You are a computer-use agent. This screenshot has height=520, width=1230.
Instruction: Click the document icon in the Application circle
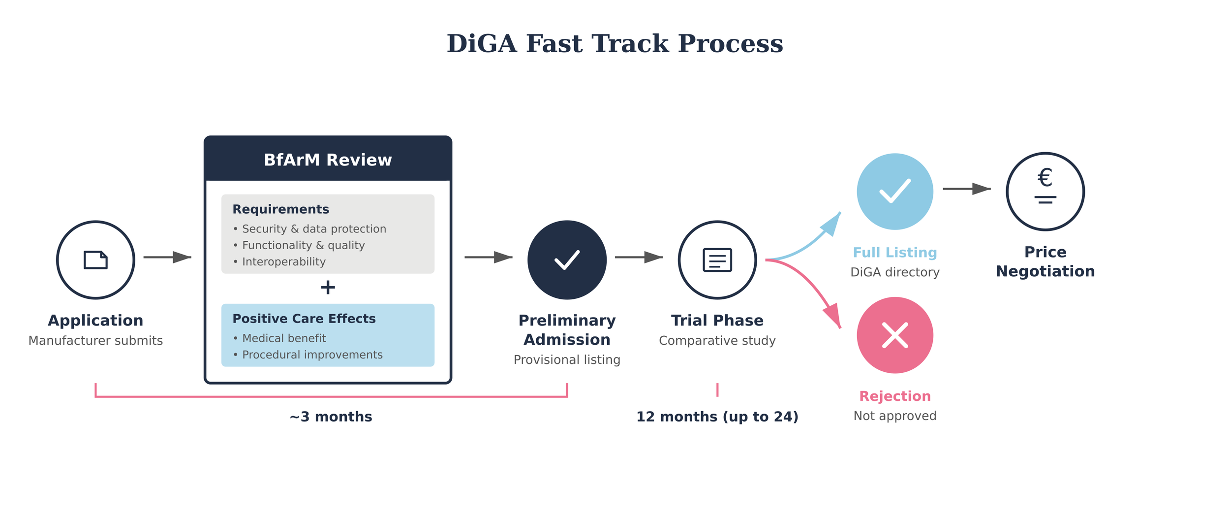click(95, 260)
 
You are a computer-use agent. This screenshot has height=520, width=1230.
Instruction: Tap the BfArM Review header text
click(328, 160)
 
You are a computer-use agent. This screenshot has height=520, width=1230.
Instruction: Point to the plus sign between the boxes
click(328, 287)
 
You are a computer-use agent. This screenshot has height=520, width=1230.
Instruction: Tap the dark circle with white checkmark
click(567, 260)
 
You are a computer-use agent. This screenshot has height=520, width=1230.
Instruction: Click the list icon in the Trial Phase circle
click(717, 260)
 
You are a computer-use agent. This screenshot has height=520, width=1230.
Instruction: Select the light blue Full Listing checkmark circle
click(894, 192)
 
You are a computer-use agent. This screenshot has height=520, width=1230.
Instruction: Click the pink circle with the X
click(894, 335)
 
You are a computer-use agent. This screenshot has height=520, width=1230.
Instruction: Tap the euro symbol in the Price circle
click(1045, 178)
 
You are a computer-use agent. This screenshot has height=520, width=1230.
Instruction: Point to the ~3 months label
click(331, 417)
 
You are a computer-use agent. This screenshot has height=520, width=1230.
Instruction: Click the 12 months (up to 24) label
click(717, 417)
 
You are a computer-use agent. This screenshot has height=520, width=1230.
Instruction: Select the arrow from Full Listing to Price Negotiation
click(966, 189)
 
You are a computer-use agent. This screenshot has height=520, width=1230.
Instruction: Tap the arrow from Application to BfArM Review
click(167, 257)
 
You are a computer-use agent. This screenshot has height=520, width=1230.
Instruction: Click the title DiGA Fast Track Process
click(615, 43)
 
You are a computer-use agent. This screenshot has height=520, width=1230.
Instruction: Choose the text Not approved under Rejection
click(894, 416)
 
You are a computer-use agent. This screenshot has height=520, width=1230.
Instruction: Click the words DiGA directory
click(894, 272)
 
